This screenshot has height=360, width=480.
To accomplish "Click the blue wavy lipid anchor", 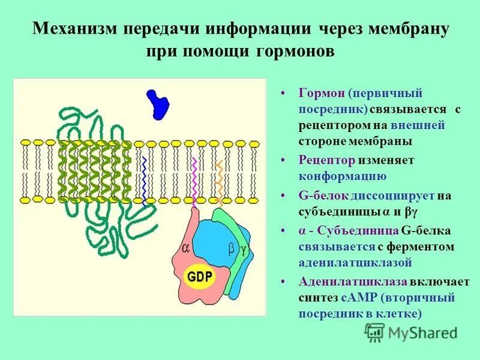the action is pyautogui.click(x=145, y=180).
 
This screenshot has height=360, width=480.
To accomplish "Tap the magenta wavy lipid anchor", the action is pyautogui.click(x=194, y=180).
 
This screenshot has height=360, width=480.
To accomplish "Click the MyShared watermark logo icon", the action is pyautogui.click(x=374, y=331).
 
